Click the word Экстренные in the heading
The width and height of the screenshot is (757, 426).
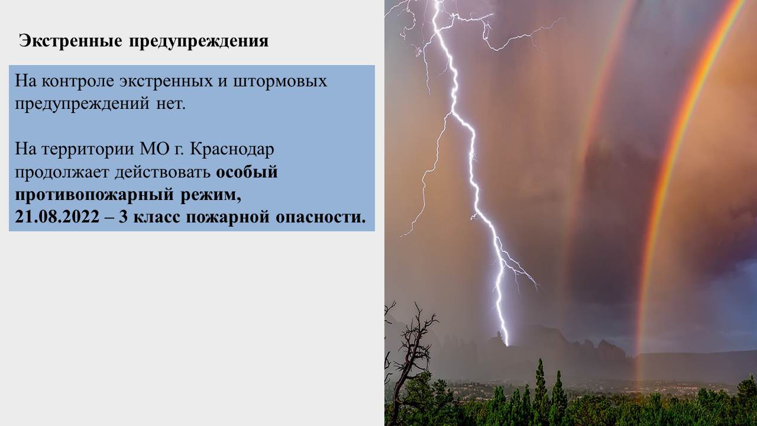(70, 41)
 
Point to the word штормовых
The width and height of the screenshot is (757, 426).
(280, 82)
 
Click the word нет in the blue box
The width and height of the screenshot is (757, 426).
(171, 104)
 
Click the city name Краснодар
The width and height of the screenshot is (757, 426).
(232, 150)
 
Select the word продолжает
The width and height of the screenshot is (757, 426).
(62, 172)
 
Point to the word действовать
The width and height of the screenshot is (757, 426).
(163, 172)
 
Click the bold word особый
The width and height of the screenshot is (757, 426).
(247, 172)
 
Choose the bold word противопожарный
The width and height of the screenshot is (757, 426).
(94, 195)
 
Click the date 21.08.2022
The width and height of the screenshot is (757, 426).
(57, 217)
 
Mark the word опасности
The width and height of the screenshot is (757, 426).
(321, 217)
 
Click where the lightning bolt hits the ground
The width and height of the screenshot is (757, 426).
(507, 344)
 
